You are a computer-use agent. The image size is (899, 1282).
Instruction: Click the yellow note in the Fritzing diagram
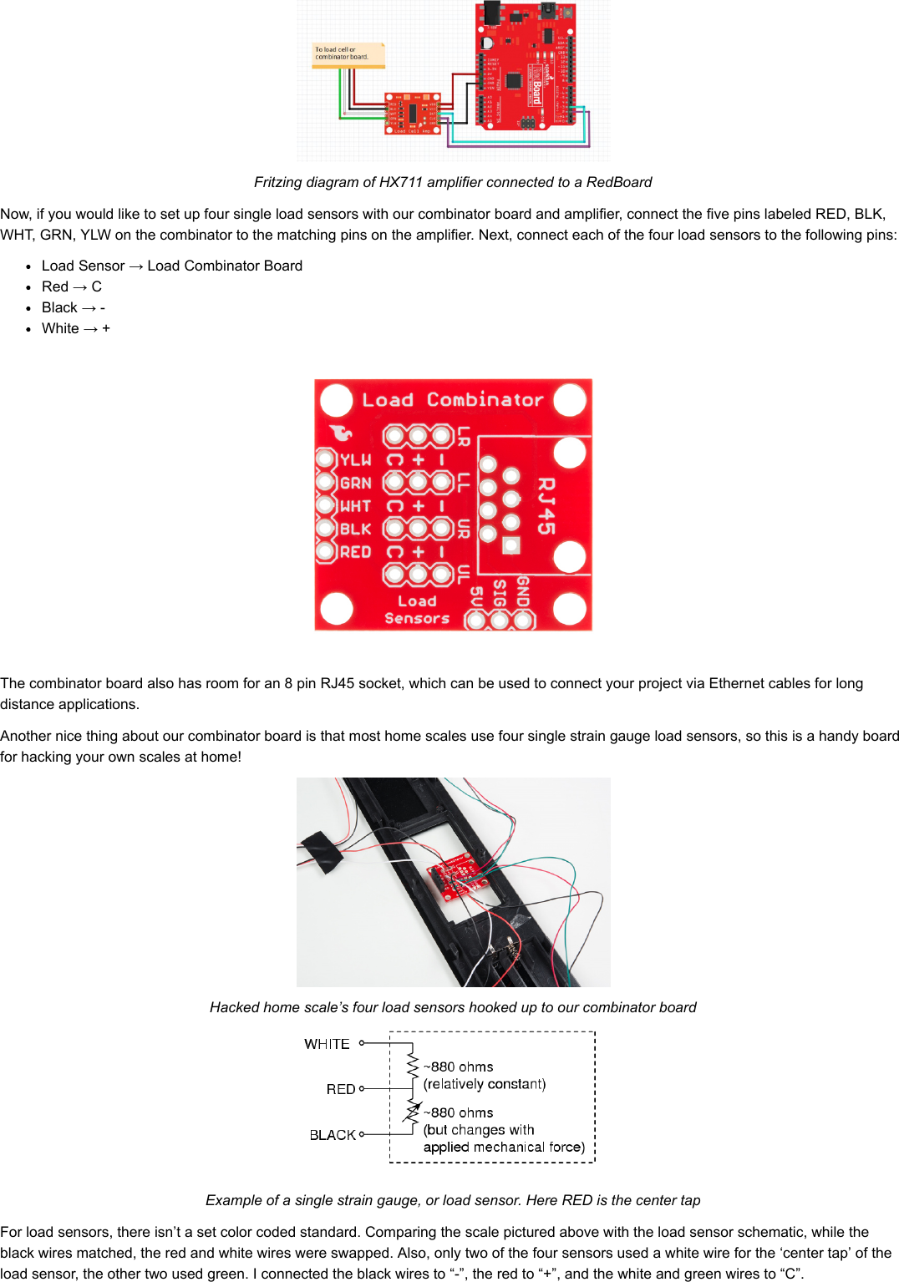[348, 54]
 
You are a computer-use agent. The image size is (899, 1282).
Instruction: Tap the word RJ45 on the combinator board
[546, 505]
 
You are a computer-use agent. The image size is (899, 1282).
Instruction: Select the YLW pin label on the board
[355, 460]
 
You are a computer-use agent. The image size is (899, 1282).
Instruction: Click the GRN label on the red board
[355, 483]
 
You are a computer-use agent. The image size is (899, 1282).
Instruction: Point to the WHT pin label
[355, 506]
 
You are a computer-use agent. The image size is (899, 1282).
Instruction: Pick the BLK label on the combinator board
[355, 529]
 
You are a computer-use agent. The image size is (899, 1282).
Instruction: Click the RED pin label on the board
[355, 552]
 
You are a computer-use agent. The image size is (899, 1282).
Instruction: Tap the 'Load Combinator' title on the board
[452, 400]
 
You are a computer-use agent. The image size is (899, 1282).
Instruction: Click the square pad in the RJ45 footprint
[511, 545]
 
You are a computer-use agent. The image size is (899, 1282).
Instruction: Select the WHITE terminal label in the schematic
[327, 1044]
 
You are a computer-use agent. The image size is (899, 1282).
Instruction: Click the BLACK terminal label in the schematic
[333, 1135]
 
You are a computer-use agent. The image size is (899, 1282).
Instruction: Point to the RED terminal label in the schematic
[341, 1089]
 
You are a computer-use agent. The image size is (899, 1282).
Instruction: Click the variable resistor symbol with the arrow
[413, 1112]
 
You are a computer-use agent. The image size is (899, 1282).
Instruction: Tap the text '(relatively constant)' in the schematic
[485, 1084]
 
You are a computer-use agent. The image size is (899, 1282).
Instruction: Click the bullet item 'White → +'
[76, 328]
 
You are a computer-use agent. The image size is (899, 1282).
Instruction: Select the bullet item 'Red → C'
[72, 286]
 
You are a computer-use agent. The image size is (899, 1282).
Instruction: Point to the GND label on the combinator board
[523, 591]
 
